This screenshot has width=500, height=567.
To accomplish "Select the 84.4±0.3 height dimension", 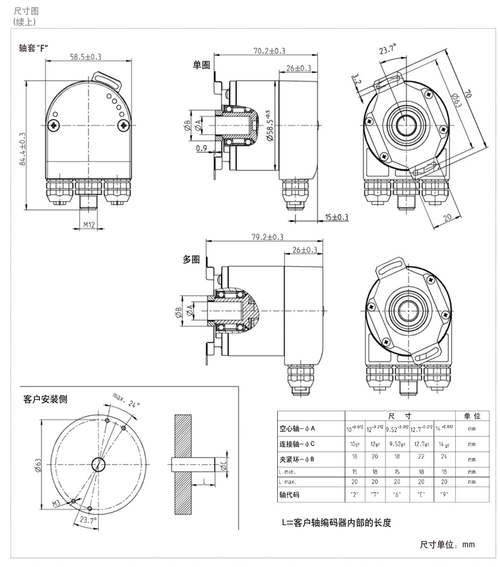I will tap(22, 150).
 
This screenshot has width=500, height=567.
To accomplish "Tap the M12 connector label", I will tap(89, 224).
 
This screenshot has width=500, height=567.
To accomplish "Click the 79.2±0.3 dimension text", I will tap(268, 237).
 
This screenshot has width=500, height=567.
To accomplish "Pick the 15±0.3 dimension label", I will tap(337, 217).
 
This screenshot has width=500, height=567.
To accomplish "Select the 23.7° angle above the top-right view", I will tap(387, 49).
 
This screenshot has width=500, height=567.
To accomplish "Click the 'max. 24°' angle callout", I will tap(125, 400).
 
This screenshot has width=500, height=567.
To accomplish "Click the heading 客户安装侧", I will tap(45, 399).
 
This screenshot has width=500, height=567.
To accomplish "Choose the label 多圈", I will tap(191, 259).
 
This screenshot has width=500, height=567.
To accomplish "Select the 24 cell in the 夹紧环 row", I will tap(443, 456).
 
